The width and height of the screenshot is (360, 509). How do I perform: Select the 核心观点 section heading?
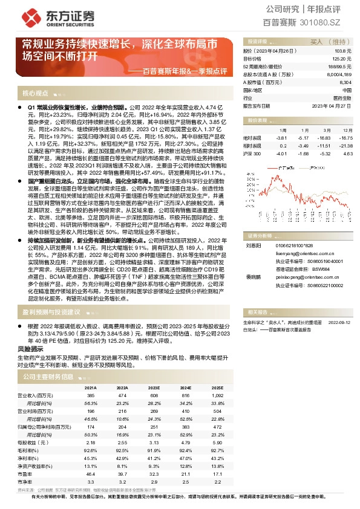tap(35, 94)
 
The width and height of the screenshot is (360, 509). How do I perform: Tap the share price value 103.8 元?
tap(344, 51)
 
